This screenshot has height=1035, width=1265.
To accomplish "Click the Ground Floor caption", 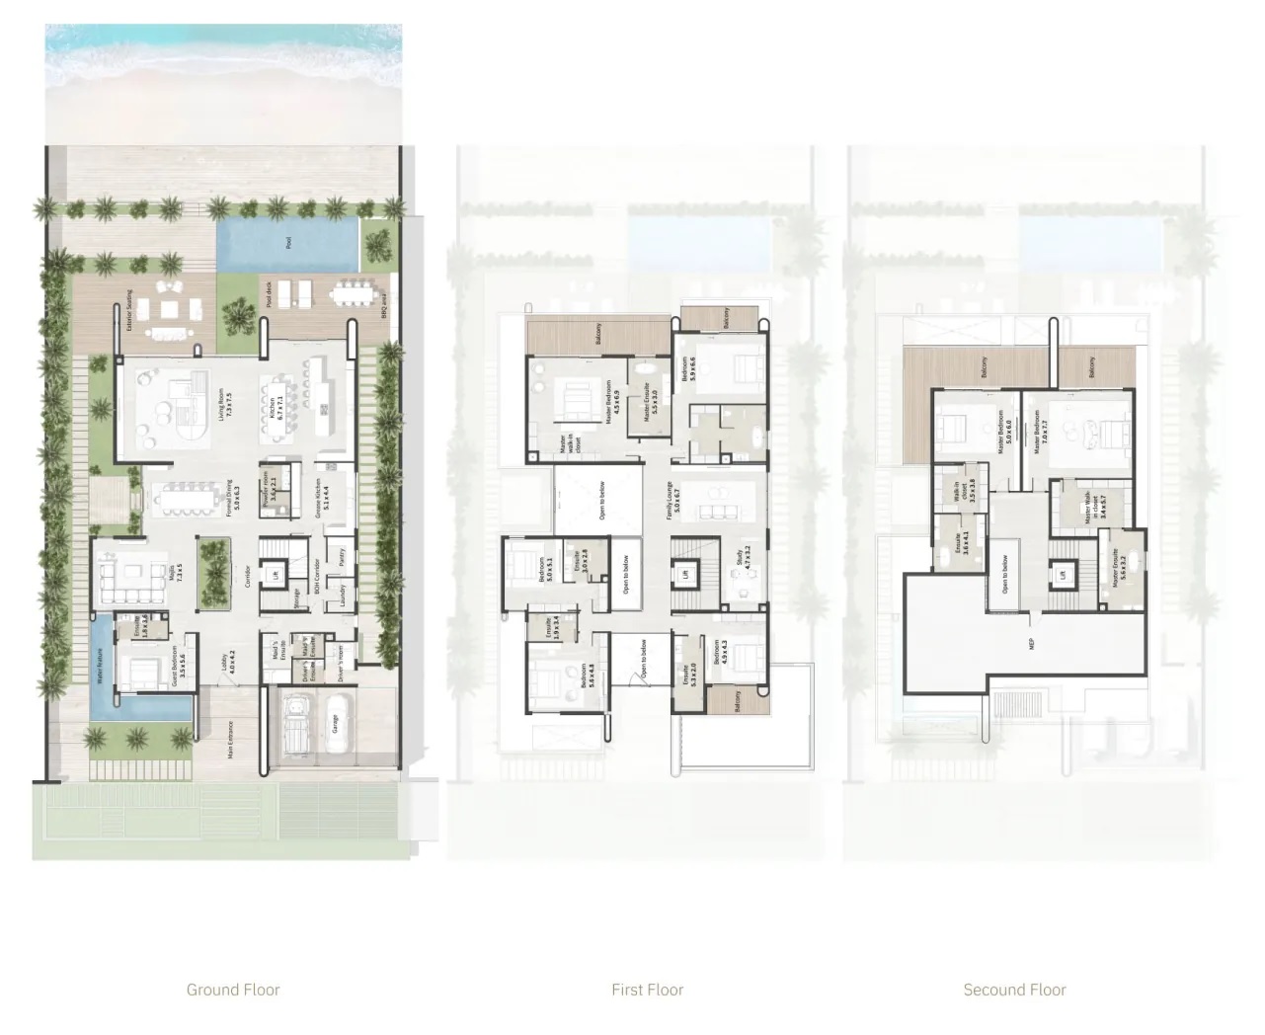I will pos(233,989).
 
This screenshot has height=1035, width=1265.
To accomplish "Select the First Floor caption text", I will pos(647,989).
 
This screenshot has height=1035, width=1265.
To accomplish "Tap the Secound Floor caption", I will pos(1014,989).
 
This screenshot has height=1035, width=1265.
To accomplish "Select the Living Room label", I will pos(224,406).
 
